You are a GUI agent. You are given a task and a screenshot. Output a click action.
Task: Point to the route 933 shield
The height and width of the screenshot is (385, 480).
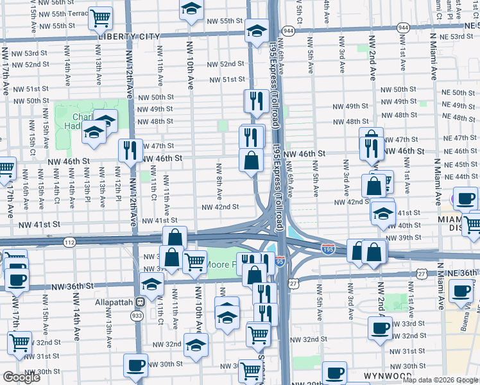click(x=137, y=316)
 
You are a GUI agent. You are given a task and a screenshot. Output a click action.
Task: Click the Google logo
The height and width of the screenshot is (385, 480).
click(x=21, y=377)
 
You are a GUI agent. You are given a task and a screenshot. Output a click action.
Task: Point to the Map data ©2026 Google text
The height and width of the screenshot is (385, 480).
click(x=440, y=379)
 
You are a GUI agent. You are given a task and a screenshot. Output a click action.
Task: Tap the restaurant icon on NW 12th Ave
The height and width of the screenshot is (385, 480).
click(x=131, y=150)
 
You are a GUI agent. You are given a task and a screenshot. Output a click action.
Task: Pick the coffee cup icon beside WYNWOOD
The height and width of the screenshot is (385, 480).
click(x=334, y=373)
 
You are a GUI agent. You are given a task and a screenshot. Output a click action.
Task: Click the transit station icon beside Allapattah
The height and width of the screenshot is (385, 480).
click(x=139, y=302)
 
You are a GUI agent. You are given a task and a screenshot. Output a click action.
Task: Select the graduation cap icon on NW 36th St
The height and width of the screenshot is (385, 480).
click(x=152, y=284)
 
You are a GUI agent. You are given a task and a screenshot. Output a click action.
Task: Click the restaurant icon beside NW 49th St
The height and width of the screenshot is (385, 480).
click(x=255, y=101)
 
